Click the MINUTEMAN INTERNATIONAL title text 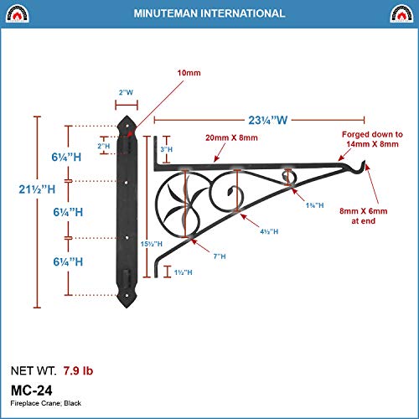point(209,13)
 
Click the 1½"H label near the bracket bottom point(184,272)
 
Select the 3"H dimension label point(166,149)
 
